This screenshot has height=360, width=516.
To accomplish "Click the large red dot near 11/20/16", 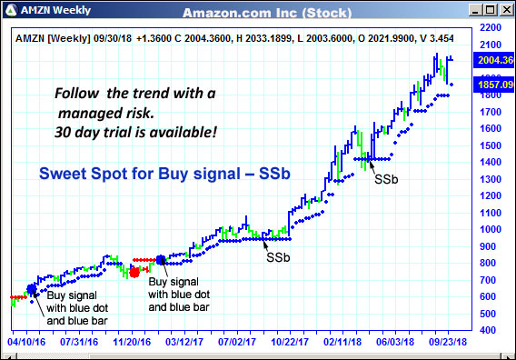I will click(x=134, y=271).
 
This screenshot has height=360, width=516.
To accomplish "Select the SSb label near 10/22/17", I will click(x=278, y=257).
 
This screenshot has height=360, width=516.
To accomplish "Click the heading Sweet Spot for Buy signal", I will click(x=164, y=173).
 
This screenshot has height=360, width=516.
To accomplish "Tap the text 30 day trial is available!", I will click(x=135, y=133).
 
